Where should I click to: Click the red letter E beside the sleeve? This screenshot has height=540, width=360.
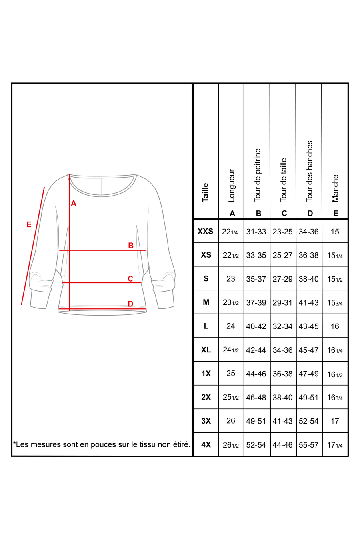[x=29, y=224]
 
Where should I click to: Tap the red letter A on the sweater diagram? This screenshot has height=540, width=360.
[x=74, y=204]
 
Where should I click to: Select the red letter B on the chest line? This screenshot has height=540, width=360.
[x=130, y=246]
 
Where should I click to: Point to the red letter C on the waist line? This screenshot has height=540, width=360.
[x=130, y=279]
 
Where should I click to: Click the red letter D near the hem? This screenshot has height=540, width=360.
[x=130, y=304]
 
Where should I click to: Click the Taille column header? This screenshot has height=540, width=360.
[x=206, y=192]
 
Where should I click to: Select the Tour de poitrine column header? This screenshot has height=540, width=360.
[x=258, y=175]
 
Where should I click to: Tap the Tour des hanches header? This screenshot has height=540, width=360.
[x=309, y=171]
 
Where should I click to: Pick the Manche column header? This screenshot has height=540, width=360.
[x=335, y=188]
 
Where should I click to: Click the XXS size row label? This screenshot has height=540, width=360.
[x=206, y=231]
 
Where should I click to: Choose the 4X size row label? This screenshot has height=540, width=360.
[x=206, y=444]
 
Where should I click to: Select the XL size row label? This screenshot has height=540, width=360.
[x=206, y=350]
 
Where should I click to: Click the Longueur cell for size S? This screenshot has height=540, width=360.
[x=231, y=278]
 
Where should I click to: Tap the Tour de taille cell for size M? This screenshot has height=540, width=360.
[x=282, y=302]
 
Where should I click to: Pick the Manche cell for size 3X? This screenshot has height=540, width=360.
[x=335, y=421]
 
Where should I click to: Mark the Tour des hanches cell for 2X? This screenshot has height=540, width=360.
[x=309, y=397]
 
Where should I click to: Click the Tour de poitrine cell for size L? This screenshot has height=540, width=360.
[x=256, y=326]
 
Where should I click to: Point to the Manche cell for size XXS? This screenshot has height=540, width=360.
[x=335, y=231]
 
